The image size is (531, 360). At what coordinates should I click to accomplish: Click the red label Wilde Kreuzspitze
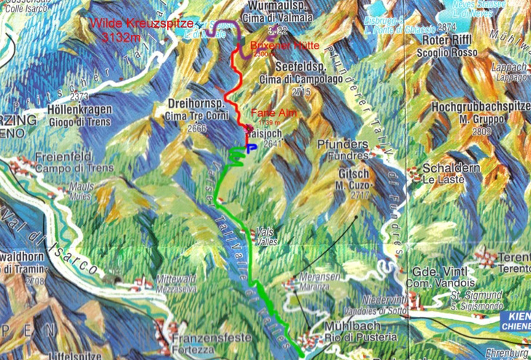click(x=143, y=24)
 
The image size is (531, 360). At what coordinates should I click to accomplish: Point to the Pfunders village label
click(x=341, y=144)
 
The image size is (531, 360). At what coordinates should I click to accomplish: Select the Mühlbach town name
click(x=353, y=327)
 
